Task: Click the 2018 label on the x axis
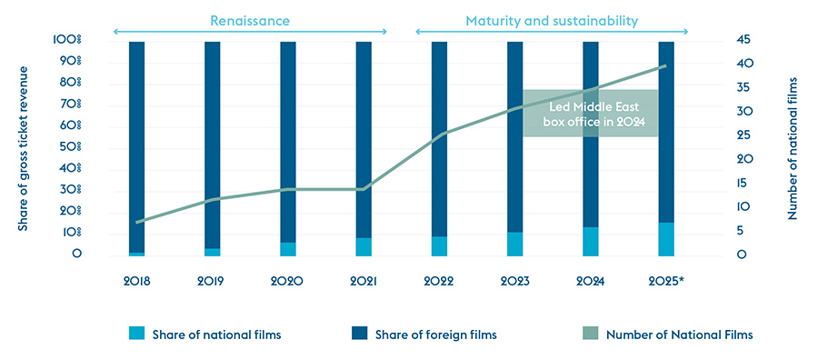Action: pyautogui.click(x=136, y=281)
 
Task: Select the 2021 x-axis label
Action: pyautogui.click(x=363, y=281)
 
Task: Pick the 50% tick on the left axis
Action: pyautogui.click(x=70, y=147)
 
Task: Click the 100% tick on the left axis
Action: pyautogui.click(x=67, y=40)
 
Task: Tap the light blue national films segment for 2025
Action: pyautogui.click(x=666, y=239)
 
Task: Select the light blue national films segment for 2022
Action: pyautogui.click(x=439, y=245)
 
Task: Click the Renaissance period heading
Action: pyautogui.click(x=249, y=19)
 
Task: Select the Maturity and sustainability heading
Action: pyautogui.click(x=552, y=19)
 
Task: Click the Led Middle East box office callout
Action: pyautogui.click(x=590, y=113)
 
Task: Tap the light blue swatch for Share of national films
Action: pyautogui.click(x=137, y=335)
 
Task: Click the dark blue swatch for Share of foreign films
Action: pyautogui.click(x=355, y=335)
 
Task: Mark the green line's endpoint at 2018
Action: pyautogui.click(x=136, y=223)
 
